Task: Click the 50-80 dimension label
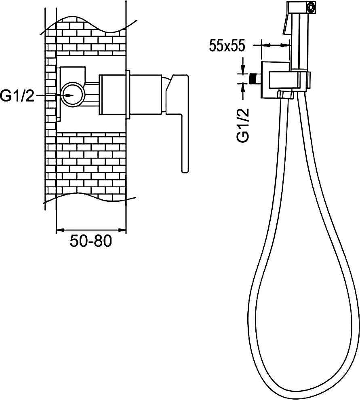coord(91,241)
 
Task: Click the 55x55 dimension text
coord(227,46)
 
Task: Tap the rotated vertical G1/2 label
coord(243,125)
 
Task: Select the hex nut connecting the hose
coord(285,94)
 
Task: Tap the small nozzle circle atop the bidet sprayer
coord(311,6)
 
